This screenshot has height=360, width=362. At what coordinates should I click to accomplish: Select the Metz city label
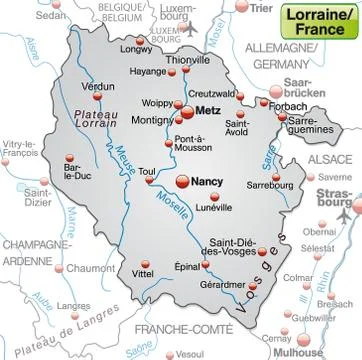point(208,111)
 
